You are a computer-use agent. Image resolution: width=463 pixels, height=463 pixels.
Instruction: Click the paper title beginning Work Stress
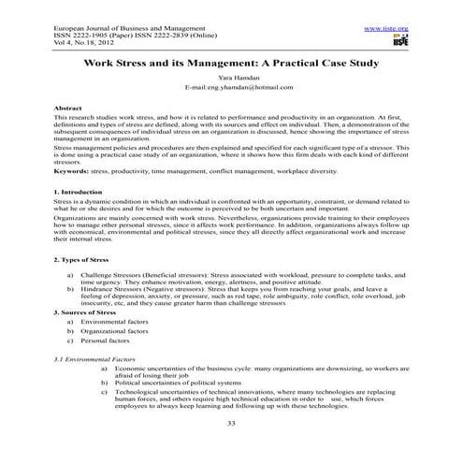(232, 65)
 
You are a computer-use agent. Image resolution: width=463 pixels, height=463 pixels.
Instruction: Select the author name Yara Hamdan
(231, 84)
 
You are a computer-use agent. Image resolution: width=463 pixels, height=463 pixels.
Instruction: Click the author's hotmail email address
(231, 94)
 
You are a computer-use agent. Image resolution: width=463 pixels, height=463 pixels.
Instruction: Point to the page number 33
(231, 450)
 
